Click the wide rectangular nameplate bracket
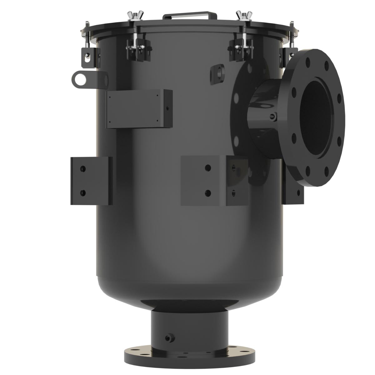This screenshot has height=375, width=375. (x=139, y=108)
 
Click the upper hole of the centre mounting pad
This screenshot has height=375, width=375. (x=207, y=168)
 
